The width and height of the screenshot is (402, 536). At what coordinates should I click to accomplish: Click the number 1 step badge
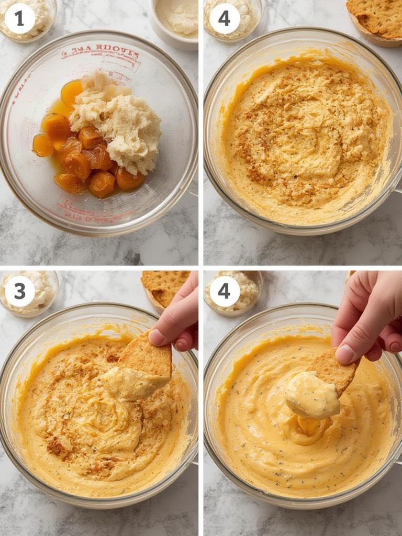pos(19,18)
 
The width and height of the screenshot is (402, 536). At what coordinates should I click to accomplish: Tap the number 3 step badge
pos(19,291)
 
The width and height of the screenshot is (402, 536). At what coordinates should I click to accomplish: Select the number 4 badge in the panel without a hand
pos(224,18)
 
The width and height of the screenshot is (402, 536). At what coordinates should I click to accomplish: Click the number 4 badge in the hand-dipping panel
pos(224,291)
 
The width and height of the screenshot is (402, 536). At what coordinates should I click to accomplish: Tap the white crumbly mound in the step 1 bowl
pos(118,123)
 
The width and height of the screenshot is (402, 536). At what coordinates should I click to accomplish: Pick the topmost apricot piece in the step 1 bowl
pos(72,92)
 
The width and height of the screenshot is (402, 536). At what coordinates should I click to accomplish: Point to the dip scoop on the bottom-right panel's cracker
pos(312,395)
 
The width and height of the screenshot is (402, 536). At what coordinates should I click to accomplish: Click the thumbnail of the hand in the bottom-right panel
pos(345,354)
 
